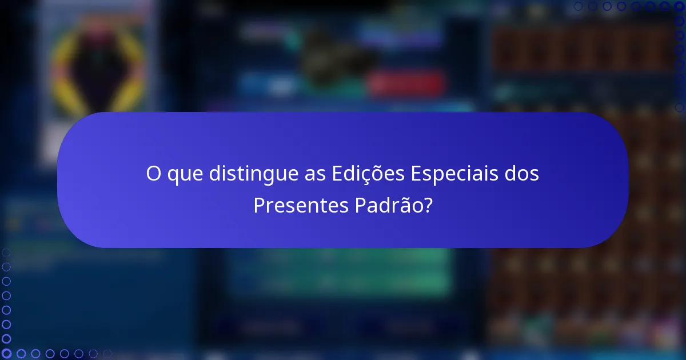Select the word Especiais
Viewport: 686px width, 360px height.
[x=453, y=174]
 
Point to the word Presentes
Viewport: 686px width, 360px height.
[x=299, y=205]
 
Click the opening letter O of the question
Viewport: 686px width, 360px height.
[x=153, y=174]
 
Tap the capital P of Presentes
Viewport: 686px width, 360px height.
[x=258, y=205]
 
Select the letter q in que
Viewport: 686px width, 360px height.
[x=173, y=176]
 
